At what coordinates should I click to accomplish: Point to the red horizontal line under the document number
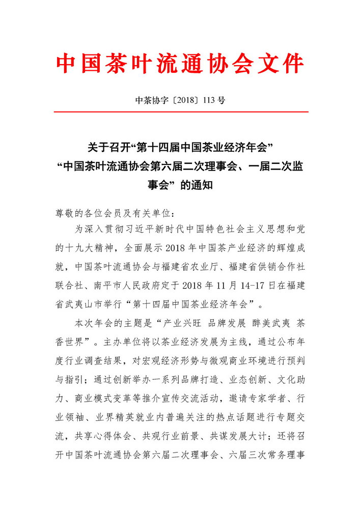pyautogui.click(x=180, y=111)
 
